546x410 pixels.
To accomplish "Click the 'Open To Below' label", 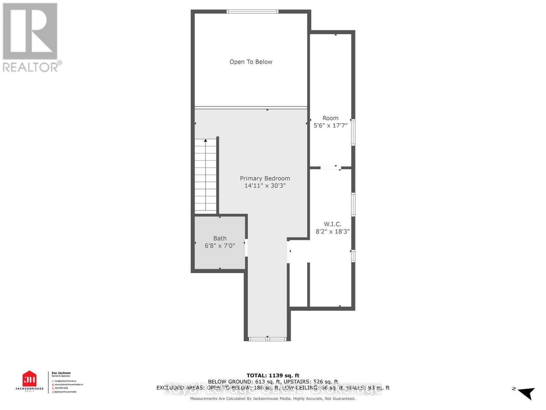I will click(251, 62).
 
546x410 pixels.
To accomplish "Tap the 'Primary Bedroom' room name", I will click(265, 178).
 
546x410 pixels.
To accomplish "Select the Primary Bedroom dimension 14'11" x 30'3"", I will click(265, 186).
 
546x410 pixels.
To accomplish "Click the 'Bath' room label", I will click(220, 238).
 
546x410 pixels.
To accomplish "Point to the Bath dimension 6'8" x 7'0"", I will click(220, 246).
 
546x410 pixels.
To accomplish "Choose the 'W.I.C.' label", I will click(332, 224).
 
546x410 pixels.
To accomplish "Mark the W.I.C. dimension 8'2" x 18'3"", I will click(332, 232).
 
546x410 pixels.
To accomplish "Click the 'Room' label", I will click(330, 118).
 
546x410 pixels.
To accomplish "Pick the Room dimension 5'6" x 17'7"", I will click(330, 125).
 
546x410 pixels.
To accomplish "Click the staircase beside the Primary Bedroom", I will click(205, 176).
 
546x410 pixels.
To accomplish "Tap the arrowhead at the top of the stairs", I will click(205, 140).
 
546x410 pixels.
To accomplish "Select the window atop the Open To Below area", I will click(253, 12).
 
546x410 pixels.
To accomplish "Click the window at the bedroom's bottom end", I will click(267, 339).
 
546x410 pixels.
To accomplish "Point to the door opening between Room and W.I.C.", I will click(330, 167).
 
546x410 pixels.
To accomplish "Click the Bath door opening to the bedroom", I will click(246, 247).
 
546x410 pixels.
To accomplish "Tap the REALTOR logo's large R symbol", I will click(30, 31).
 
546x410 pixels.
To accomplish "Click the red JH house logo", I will click(29, 379).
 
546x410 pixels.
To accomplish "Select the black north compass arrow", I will click(527, 393).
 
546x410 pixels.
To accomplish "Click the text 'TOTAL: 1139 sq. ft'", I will click(273, 375).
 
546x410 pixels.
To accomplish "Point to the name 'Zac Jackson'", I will click(61, 373).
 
